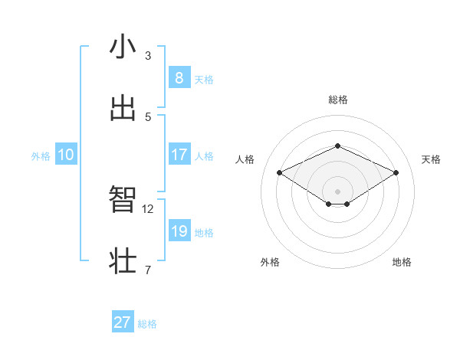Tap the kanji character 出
pos(123,108)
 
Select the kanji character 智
pos(123,200)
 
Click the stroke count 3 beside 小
pos(148,56)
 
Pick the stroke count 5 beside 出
pos(148,116)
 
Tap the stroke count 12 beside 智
pos(148,208)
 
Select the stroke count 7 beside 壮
pos(148,270)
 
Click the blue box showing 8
pos(179,77)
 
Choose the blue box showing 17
pos(179,155)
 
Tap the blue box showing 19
pos(179,231)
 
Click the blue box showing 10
pos(66,155)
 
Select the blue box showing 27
pos(123,322)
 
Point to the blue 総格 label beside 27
pos(148,324)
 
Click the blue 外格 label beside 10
pos(41,156)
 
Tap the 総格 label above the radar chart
pos(337,100)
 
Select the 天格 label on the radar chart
pos(431,159)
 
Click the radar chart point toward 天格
pos(396,173)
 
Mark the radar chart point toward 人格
pos(280,173)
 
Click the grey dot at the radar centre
pos(337,191)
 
